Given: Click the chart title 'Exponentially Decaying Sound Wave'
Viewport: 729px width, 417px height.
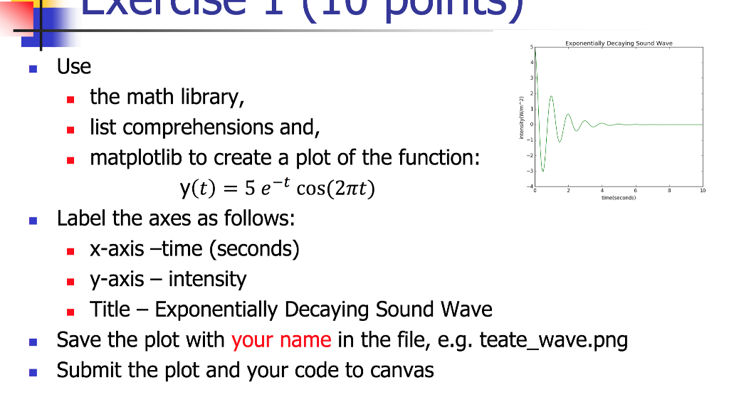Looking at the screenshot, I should coord(618,43).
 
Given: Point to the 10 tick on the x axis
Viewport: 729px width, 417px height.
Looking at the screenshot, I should coord(702,191).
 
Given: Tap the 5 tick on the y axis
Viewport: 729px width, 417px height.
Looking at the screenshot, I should coord(530,47).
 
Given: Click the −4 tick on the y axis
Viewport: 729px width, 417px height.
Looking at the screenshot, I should coord(529,186).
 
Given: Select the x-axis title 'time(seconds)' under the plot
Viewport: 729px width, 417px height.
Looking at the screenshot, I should coord(618,198).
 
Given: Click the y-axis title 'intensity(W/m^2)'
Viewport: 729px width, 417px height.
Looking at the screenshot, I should coord(521,117).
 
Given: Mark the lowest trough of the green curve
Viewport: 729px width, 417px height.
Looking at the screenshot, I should coord(542,171).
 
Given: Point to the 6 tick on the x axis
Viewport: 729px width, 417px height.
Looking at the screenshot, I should coord(635,191).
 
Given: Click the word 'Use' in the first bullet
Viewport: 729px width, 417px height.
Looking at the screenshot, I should coord(74,67).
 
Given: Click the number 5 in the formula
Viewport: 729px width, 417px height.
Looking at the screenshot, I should coord(250,189).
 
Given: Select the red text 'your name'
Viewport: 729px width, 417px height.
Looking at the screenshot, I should coord(281,339).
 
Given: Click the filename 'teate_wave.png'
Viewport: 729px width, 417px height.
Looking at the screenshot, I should coord(554,340).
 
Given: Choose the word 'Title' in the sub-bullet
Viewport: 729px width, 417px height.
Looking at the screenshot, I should coord(110,310).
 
